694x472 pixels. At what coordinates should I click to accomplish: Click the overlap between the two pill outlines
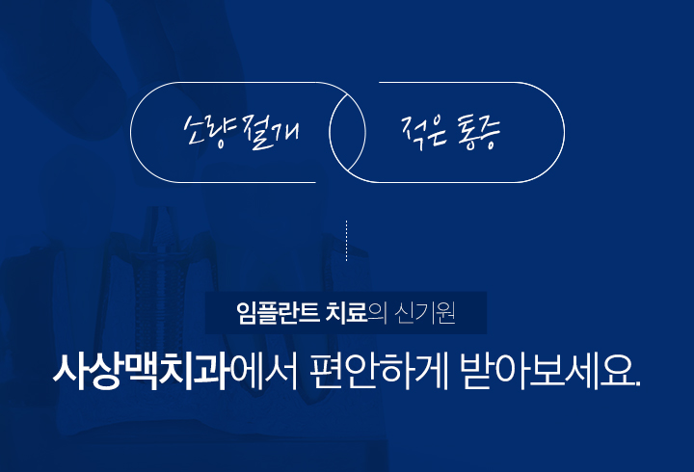347,132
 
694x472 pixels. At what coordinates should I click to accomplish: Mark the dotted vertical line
346,240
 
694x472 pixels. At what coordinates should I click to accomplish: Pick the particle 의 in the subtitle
377,314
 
